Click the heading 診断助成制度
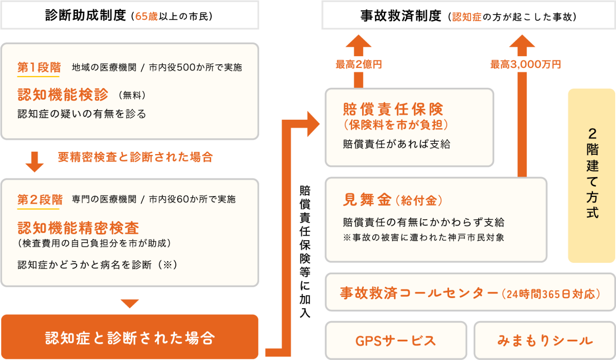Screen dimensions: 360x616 tap(85, 15)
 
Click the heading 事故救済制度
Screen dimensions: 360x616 tap(400, 16)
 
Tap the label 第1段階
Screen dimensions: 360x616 tap(39, 67)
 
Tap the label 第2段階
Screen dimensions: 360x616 tap(40, 200)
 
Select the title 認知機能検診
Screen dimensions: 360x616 tap(63, 95)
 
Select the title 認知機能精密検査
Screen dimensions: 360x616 tap(78, 228)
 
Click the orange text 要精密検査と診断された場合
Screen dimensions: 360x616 tap(135, 157)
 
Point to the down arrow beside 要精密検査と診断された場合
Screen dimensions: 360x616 tap(35, 161)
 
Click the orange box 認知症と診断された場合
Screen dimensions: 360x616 tap(129, 337)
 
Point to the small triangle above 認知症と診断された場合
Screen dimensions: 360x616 tap(129, 303)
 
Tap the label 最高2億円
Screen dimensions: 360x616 tap(359, 65)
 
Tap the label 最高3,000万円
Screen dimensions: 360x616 tap(525, 65)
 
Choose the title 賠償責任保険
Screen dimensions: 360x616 tap(393, 109)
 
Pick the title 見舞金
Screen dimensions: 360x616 tap(367, 200)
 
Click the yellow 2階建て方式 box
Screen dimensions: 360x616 tap(591, 175)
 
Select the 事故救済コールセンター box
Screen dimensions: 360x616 tap(470, 293)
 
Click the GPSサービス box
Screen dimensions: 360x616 tap(396, 340)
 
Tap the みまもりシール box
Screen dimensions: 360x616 tap(545, 340)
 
